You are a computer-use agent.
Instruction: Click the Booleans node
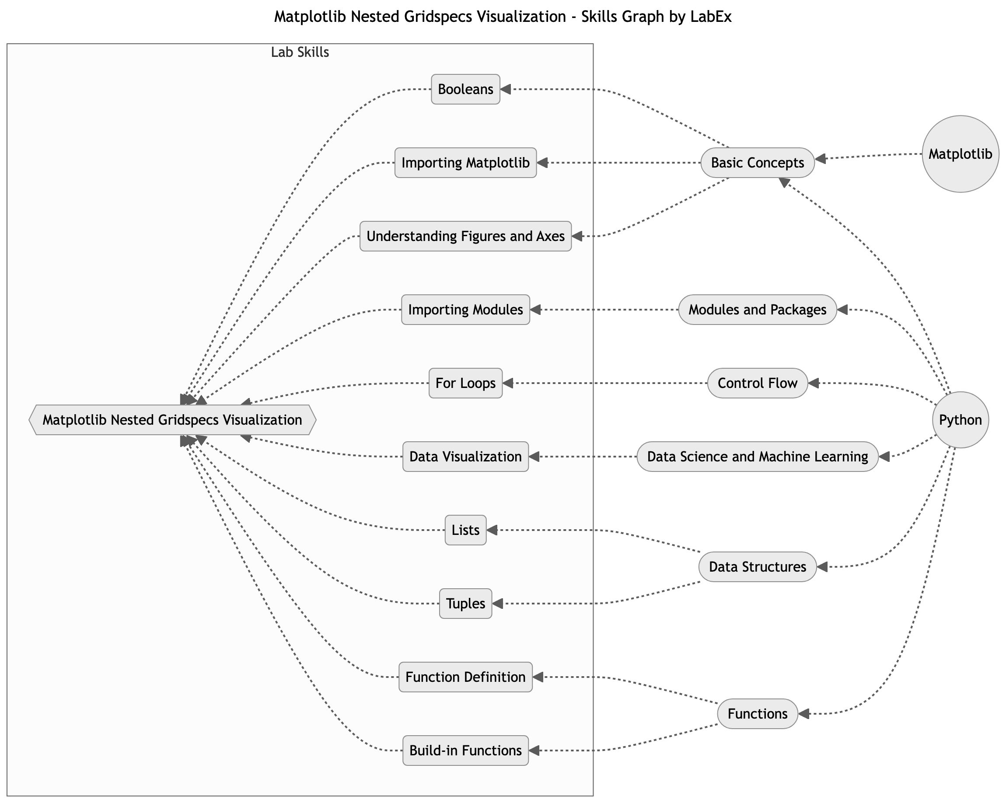465,89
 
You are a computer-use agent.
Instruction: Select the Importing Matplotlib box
465,163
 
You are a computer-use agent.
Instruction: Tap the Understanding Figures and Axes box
465,236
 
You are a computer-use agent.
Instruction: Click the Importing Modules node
465,310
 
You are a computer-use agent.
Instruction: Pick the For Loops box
465,383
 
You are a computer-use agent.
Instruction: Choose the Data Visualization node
465,456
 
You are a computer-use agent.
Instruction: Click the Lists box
465,530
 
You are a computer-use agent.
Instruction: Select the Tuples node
465,603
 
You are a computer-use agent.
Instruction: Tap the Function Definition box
465,677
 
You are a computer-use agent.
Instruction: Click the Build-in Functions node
465,750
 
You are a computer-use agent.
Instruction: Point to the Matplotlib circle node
960,154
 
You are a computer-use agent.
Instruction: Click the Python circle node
960,420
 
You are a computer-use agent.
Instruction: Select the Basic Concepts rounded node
757,163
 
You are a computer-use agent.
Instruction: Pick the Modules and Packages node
757,310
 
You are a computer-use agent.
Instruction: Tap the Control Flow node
757,383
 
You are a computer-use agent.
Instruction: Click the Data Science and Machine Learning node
757,456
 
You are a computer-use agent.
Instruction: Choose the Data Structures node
757,567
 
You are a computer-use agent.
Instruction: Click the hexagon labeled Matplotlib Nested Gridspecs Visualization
172,420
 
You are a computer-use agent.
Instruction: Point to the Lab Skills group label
300,52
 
